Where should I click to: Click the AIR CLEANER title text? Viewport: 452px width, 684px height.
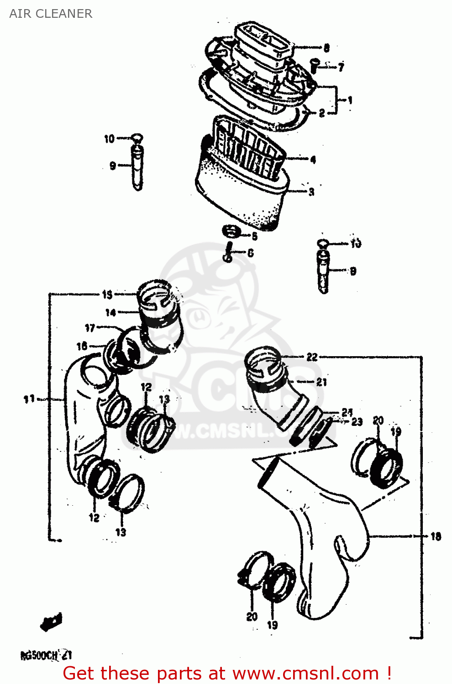[x=51, y=14]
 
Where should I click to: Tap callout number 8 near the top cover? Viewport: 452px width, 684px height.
[x=326, y=48]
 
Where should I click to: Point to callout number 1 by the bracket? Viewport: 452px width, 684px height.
[x=350, y=100]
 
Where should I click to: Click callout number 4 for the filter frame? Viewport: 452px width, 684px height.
[x=313, y=160]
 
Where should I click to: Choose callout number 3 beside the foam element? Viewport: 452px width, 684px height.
[x=311, y=192]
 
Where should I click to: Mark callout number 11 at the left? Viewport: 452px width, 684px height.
[x=29, y=399]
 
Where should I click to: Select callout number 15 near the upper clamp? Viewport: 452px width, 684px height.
[x=107, y=295]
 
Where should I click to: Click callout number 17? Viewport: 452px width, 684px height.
[x=90, y=328]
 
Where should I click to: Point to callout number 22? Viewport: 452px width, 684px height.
[x=312, y=357]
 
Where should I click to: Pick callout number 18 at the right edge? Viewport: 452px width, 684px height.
[x=436, y=536]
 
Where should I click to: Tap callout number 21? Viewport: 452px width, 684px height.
[x=321, y=382]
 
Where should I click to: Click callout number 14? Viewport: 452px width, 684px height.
[x=110, y=313]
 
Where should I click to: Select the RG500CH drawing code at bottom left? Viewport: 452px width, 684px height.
[x=46, y=656]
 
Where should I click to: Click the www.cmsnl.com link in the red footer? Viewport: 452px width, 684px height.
[x=305, y=674]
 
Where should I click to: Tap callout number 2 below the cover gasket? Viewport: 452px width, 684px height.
[x=321, y=113]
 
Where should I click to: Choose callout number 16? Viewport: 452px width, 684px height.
[x=82, y=347]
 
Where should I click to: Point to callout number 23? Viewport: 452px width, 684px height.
[x=357, y=422]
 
